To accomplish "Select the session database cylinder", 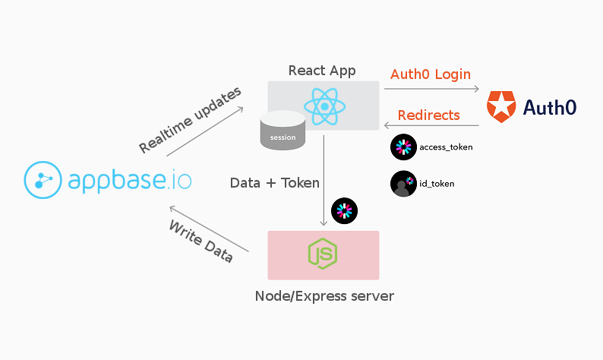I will (283, 131).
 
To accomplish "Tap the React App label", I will (323, 71).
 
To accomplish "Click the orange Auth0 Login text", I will (431, 74).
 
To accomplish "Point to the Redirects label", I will (429, 115).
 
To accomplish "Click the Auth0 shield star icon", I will (500, 106).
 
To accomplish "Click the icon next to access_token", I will (404, 147).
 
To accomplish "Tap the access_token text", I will (446, 147).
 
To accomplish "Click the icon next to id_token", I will (404, 184).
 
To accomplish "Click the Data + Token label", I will (275, 182).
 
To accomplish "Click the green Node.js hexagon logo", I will (324, 254).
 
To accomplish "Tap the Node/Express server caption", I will (324, 295).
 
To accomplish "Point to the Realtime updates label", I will (190, 120).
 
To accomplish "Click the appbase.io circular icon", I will (43, 180).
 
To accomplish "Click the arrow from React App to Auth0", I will (431, 90).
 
